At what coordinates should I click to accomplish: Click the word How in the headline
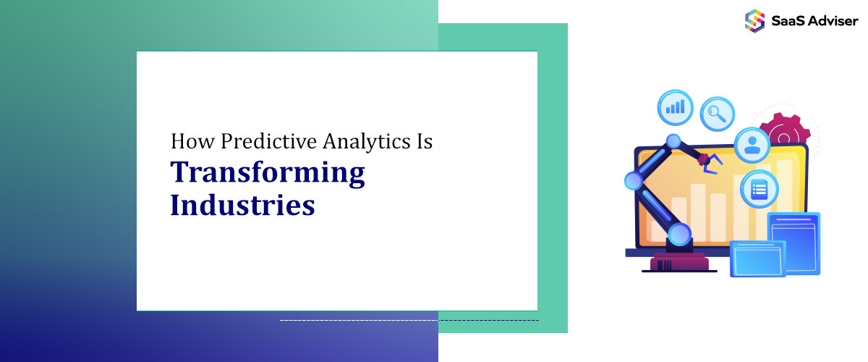tap(192, 141)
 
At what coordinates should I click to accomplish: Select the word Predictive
tap(269, 141)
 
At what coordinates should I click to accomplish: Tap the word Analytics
tap(367, 142)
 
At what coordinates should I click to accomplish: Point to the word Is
tap(425, 141)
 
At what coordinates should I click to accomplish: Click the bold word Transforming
tap(268, 174)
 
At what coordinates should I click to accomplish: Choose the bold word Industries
tap(242, 204)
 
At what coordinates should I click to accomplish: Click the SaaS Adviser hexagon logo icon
tap(754, 21)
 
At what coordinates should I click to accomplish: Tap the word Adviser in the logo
tap(833, 21)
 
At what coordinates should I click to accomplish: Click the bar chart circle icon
tap(675, 107)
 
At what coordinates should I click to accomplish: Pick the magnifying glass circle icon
tap(718, 114)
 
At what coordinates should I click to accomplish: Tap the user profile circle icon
tap(752, 145)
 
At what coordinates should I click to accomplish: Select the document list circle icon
tap(759, 190)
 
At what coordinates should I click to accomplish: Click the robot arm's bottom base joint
tap(679, 235)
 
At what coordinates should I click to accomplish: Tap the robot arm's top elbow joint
tap(673, 141)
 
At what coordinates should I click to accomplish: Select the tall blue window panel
tap(794, 243)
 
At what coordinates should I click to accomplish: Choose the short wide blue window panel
tap(758, 258)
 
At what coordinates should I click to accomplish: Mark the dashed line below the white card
tap(409, 321)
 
